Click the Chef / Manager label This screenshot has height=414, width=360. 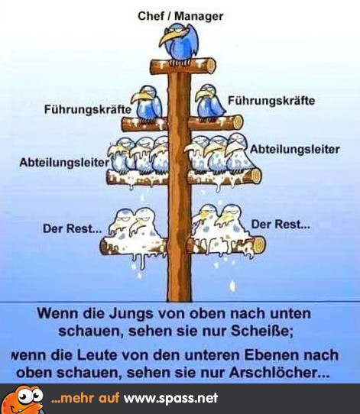coord(180,16)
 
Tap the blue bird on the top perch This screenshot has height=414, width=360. coord(179,43)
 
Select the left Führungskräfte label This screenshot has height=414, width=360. coord(88,109)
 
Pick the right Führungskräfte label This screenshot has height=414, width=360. coord(271,101)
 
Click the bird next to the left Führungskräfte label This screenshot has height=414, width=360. coord(148,104)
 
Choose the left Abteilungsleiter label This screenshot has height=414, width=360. coord(64,163)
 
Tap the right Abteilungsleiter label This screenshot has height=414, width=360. coord(295,150)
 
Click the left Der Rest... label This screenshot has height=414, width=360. coord(72,228)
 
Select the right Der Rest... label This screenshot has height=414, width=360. coord(281,225)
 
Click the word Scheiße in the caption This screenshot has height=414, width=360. coord(261,331)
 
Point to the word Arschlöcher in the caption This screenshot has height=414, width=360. coord(280,373)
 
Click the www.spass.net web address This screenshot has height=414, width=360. coord(171,398)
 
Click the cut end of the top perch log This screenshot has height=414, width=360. coord(210,66)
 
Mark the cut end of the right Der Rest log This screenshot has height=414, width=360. coord(259,245)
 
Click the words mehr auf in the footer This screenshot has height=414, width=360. coord(86,398)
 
